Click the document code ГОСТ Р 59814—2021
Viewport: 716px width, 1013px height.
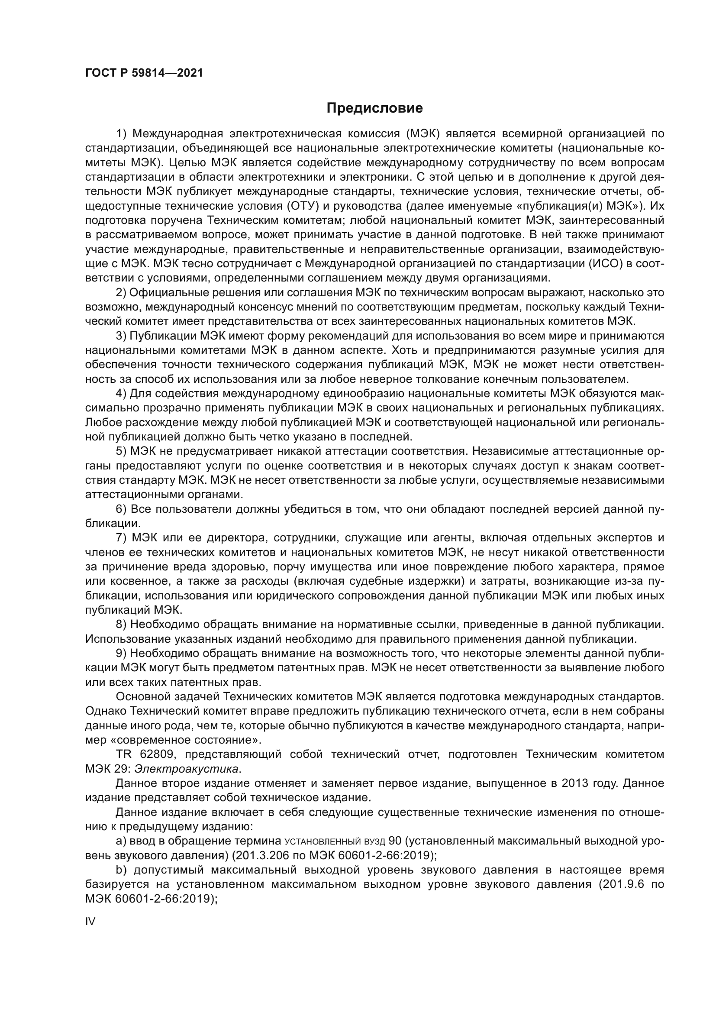click(x=144, y=73)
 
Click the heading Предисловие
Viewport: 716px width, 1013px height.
click(x=374, y=108)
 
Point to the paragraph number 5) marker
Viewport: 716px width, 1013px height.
click(x=121, y=452)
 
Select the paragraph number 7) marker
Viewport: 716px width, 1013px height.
click(x=121, y=538)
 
